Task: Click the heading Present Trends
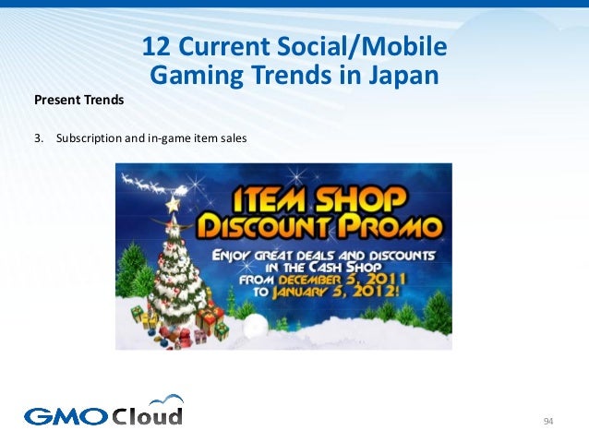[78, 98]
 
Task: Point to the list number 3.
[38, 139]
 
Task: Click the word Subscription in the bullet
[90, 139]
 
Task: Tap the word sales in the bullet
[234, 139]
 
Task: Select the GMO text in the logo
[66, 417]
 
